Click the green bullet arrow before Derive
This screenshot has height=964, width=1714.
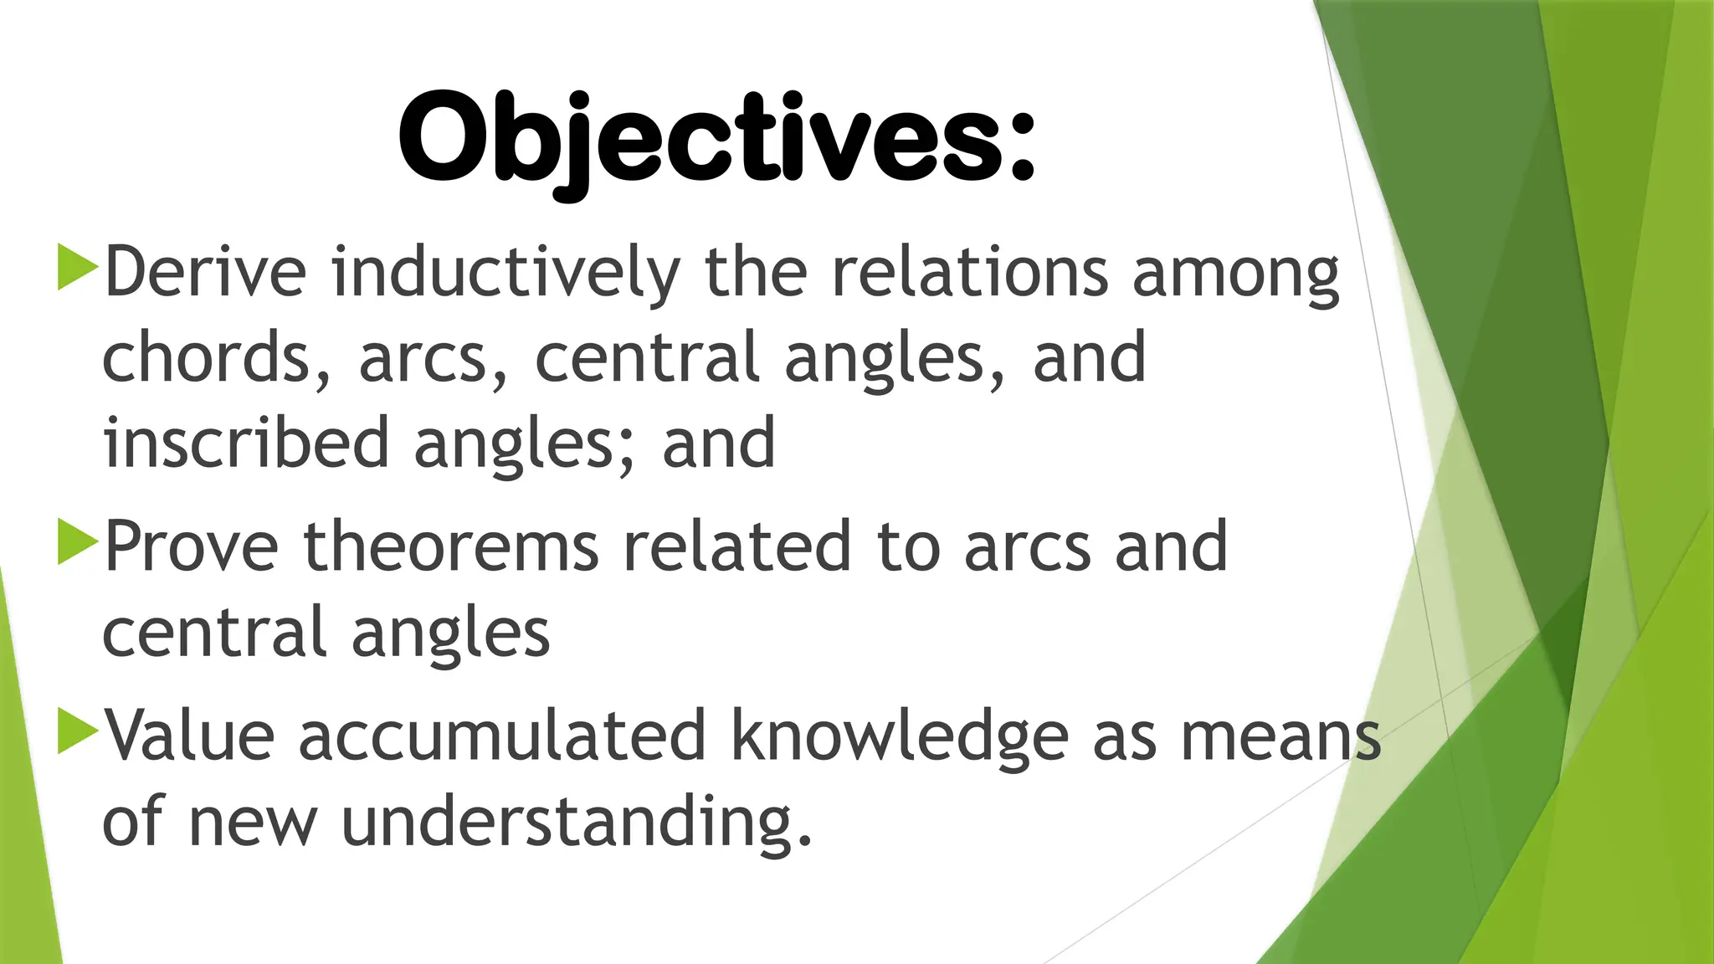[77, 267]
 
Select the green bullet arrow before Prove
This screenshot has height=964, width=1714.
[77, 541]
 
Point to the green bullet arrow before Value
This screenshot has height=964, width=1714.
[77, 731]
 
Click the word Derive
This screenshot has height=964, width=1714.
[205, 272]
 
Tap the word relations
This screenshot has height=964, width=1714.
[969, 272]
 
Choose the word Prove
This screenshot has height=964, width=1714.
[192, 546]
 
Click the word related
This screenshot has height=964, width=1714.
[737, 546]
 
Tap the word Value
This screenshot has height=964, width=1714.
[190, 736]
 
